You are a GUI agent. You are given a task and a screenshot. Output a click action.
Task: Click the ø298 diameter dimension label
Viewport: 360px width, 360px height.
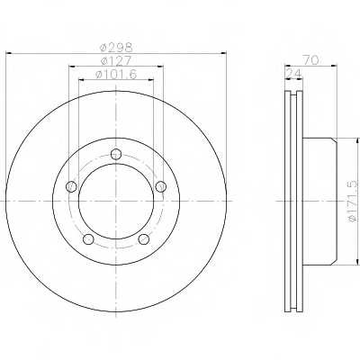116,47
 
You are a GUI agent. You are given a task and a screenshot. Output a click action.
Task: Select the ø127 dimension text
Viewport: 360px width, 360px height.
116,61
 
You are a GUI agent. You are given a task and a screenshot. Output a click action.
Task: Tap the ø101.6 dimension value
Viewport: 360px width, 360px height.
116,75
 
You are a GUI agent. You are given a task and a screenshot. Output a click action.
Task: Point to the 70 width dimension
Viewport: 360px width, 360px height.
310,60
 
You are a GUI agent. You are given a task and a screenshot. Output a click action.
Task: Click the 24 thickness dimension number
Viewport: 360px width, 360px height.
294,73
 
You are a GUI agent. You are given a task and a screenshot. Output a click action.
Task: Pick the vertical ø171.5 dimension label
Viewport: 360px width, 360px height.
353,201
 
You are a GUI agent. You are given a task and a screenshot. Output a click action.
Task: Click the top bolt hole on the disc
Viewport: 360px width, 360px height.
115,154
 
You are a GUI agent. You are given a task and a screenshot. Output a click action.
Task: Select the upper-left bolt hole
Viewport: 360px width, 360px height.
71,186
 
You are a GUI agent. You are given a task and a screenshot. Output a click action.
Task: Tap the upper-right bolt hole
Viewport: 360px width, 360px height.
160,186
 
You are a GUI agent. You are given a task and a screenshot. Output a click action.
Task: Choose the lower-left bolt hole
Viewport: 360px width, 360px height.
88,238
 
